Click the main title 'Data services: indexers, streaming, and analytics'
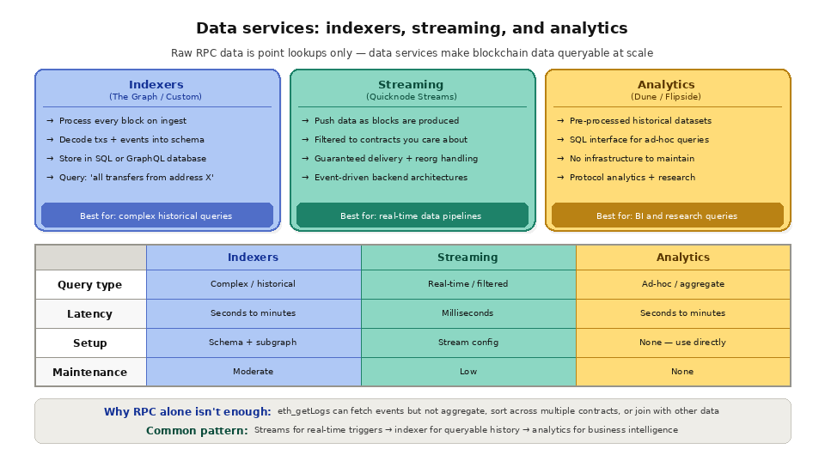tap(412, 28)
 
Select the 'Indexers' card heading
tap(156, 84)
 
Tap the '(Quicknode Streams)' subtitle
tap(412, 97)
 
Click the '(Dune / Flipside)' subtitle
tap(666, 97)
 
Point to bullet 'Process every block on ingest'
tap(122, 121)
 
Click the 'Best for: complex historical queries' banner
tap(156, 215)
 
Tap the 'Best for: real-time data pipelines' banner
tap(412, 215)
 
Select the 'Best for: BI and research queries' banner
tap(667, 215)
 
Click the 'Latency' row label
tap(90, 314)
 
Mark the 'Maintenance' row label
tap(90, 373)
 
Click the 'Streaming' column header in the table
tap(467, 258)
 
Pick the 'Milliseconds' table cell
tap(467, 313)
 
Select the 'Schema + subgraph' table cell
tap(253, 343)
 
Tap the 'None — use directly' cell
tap(682, 343)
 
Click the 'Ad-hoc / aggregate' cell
tap(682, 284)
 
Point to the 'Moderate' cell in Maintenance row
tap(253, 372)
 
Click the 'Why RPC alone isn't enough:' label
tap(187, 412)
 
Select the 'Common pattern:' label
tap(197, 430)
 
